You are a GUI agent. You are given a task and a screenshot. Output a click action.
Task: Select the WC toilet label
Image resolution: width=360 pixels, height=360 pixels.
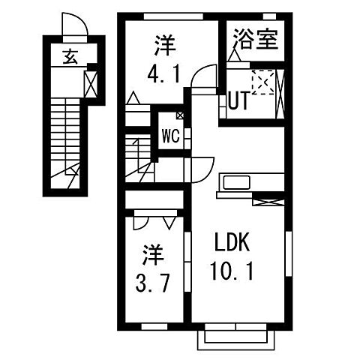click(x=169, y=137)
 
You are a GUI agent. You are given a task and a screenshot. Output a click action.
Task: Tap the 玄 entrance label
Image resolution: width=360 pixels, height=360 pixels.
click(x=70, y=55)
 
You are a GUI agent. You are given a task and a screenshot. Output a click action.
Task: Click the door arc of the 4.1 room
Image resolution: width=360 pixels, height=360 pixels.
click(x=200, y=76)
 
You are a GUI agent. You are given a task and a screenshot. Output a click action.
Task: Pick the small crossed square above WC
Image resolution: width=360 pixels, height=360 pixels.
click(x=180, y=115)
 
